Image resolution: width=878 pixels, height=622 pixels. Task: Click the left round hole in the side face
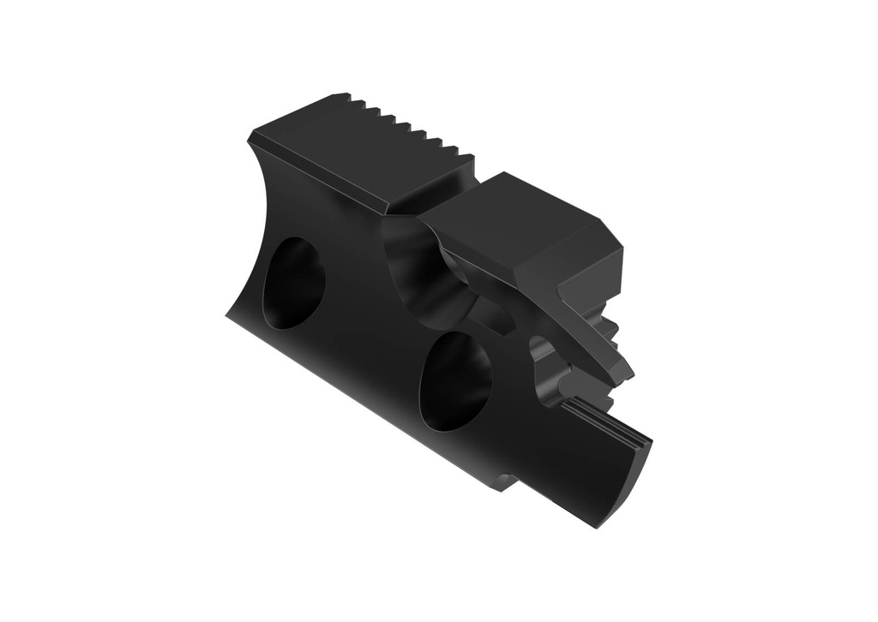[293, 283]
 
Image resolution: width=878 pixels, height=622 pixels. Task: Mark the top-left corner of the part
[251, 136]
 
